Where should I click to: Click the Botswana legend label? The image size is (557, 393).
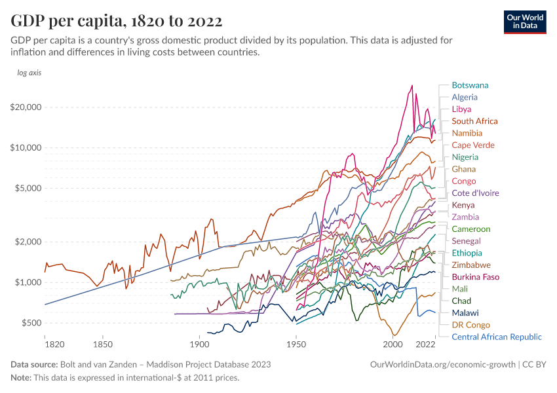[470, 85]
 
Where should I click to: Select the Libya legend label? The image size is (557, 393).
[461, 109]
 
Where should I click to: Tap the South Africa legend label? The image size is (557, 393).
[474, 121]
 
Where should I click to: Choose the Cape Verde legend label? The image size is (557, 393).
[473, 145]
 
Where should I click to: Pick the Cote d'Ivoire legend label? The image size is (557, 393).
[475, 193]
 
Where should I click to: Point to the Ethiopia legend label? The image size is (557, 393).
[467, 253]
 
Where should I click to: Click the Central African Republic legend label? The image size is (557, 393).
[497, 337]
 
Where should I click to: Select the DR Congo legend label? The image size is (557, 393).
[471, 325]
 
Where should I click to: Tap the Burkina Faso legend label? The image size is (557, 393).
[475, 277]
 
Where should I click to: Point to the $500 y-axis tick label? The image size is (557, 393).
[30, 323]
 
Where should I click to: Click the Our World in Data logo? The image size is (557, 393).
[525, 22]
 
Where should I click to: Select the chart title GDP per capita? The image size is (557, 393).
[116, 21]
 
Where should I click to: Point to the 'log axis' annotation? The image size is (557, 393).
[29, 73]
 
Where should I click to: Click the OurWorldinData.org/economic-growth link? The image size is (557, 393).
[443, 364]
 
